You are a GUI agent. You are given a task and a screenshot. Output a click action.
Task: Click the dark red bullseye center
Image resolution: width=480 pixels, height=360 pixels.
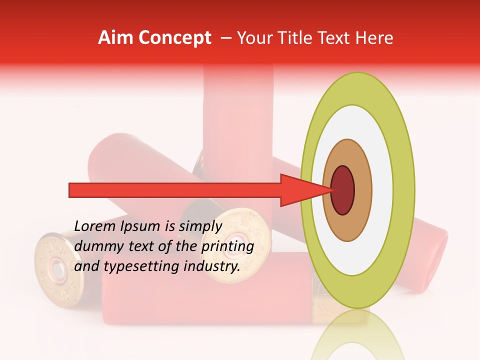[342, 190]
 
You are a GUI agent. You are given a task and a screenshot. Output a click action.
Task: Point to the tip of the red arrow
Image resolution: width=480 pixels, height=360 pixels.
[331, 190]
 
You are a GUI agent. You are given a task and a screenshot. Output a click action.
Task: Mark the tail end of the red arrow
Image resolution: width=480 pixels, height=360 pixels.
[70, 190]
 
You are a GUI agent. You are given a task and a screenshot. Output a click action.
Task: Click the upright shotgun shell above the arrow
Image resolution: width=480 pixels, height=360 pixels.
[238, 125]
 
